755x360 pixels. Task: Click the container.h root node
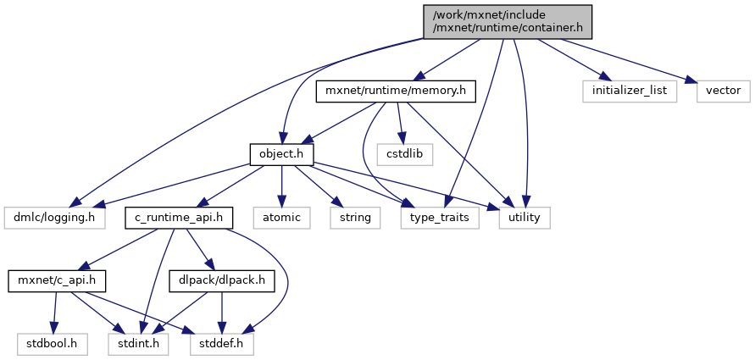click(507, 21)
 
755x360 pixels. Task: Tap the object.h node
click(282, 154)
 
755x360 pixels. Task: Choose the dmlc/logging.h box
click(53, 218)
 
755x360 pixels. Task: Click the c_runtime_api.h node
click(178, 218)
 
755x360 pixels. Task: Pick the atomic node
click(282, 218)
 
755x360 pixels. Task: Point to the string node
click(355, 218)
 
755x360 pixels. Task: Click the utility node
click(524, 218)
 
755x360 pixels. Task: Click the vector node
click(719, 90)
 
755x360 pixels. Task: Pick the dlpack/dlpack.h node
click(222, 280)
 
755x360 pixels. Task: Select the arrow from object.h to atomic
click(282, 186)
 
